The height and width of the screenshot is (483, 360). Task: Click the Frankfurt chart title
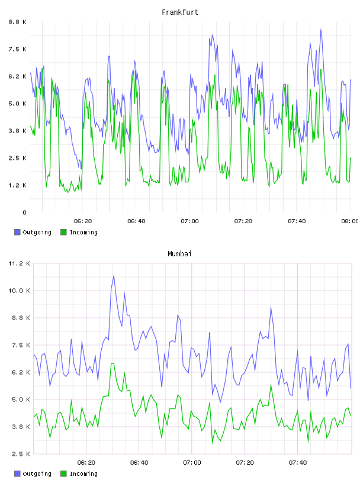[x=180, y=12]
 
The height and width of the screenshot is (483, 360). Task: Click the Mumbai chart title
[x=179, y=254]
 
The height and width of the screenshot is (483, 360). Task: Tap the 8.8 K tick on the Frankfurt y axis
[x=17, y=22]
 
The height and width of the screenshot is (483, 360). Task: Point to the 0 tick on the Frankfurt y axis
[x=24, y=212]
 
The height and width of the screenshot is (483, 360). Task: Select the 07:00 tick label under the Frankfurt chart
[x=189, y=221]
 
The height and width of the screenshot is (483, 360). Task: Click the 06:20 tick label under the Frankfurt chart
[x=83, y=221]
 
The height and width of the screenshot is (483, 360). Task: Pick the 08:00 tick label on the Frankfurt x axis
[x=349, y=221]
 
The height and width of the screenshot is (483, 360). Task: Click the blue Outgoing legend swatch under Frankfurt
[x=17, y=232]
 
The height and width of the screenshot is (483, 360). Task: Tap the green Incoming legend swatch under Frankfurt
[x=63, y=232]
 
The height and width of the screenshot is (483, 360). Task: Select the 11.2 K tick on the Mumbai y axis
[x=19, y=263]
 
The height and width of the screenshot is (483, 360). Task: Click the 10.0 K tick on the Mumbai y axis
[x=19, y=291]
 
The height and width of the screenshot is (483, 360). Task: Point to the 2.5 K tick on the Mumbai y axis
[x=21, y=454]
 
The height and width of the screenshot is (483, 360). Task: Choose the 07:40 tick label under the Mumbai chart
[x=298, y=463]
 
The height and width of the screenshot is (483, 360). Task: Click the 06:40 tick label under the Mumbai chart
[x=139, y=463]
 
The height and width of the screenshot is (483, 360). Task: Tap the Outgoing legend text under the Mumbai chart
[x=37, y=474]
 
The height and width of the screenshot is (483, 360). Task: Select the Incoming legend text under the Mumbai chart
[x=83, y=474]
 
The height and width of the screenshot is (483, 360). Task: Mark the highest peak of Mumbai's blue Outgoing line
[x=114, y=275]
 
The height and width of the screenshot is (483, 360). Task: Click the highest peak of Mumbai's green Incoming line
[x=112, y=364]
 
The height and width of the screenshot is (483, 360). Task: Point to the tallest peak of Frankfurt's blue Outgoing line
[x=321, y=29]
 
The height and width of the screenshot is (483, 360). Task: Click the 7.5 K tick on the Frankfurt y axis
[x=17, y=49]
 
